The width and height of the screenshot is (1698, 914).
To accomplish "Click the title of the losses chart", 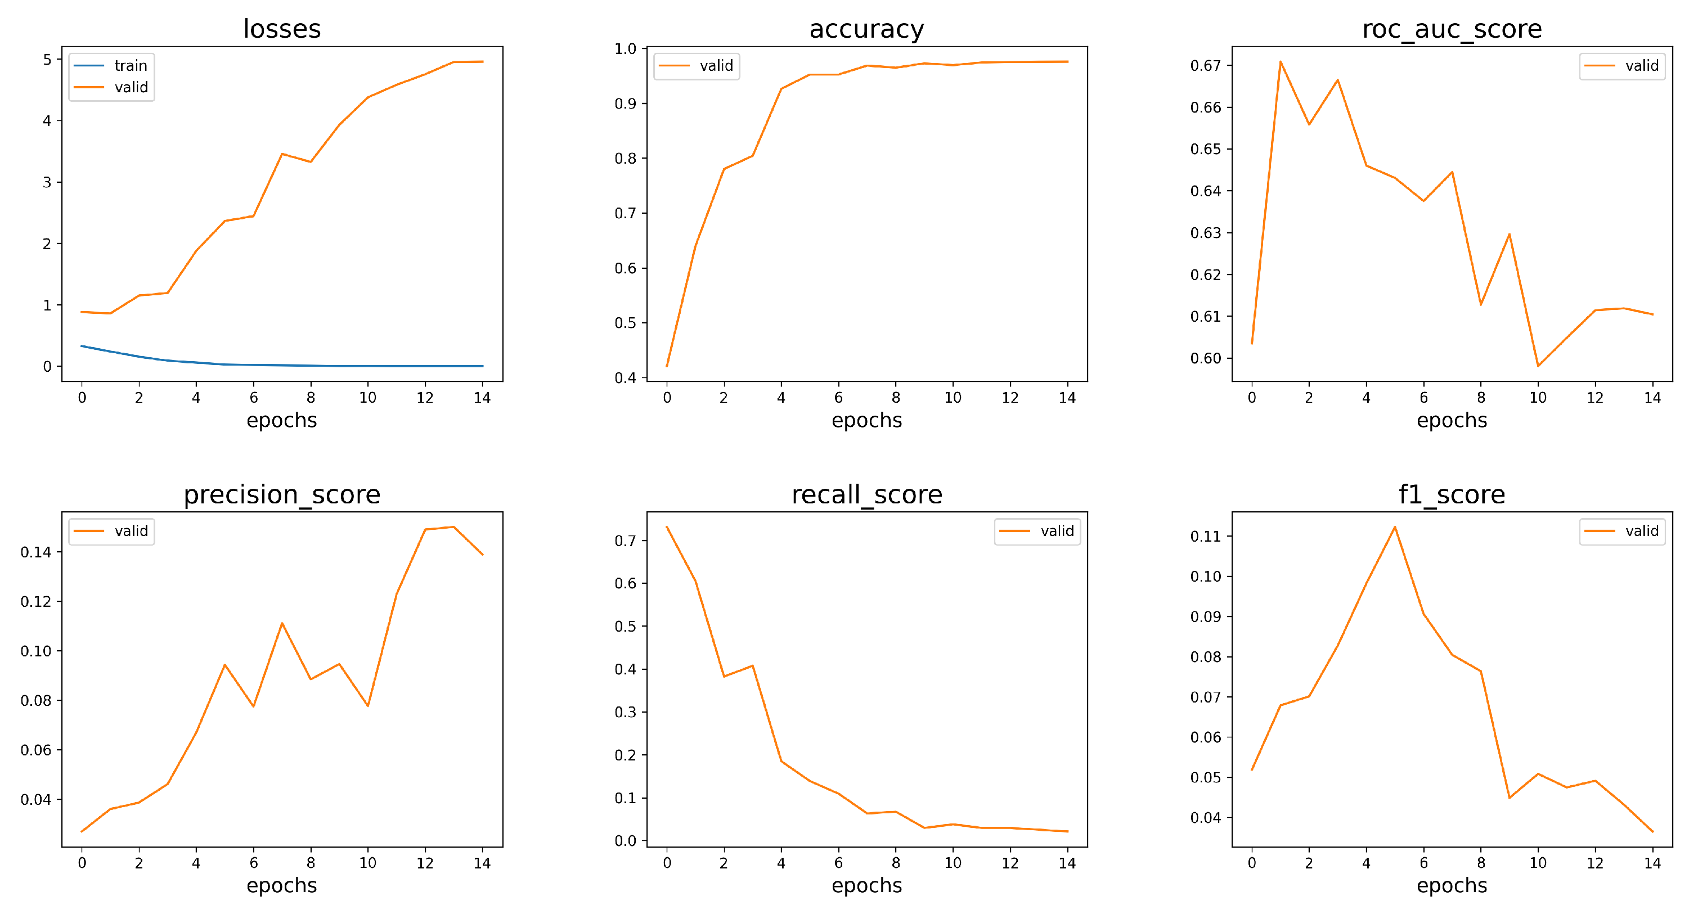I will coord(282,29).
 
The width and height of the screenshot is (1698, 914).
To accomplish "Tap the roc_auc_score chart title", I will coord(1452,29).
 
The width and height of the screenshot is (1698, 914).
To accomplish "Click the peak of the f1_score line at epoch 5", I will coord(1395,527).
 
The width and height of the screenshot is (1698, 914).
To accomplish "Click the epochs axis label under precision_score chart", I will coord(281,885).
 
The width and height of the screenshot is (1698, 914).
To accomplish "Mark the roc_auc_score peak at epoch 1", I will coord(1280,61).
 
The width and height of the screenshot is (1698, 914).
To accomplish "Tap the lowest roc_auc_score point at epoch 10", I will coord(1538,366).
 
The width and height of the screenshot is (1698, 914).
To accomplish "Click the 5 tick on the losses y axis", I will coord(47,60).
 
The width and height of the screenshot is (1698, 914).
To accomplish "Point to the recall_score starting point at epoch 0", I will coord(667,527).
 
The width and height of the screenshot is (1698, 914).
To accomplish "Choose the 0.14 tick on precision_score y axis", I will coord(35,552).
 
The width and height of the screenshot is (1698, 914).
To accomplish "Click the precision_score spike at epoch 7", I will coord(282,623).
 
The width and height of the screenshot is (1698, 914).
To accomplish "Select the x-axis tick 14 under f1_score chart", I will coord(1652,863).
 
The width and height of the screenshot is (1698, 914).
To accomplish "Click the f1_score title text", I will coord(1452,494).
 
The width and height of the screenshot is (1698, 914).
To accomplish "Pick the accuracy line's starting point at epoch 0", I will coord(667,366).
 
